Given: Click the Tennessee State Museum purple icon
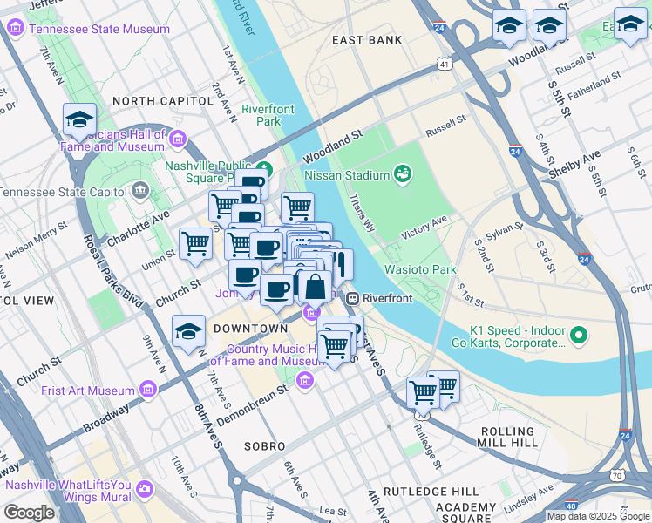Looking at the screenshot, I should pos(15,29).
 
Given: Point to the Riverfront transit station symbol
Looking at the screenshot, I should pos(354,298).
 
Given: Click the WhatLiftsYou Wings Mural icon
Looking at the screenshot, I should pos(144,492).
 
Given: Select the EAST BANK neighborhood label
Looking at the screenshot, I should pos(367,40).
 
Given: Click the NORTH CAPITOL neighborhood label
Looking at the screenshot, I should pos(163,101).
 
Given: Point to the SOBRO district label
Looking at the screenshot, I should pos(269,445).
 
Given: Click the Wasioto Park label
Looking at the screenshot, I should pos(421,270).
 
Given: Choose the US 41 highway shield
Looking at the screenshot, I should pos(445,65).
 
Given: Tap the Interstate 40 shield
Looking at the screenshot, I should pos(572,505).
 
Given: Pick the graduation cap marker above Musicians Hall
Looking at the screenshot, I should pos(79,120).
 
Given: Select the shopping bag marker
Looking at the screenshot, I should pos(314,286).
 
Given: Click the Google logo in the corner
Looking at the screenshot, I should pos(29,513).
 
